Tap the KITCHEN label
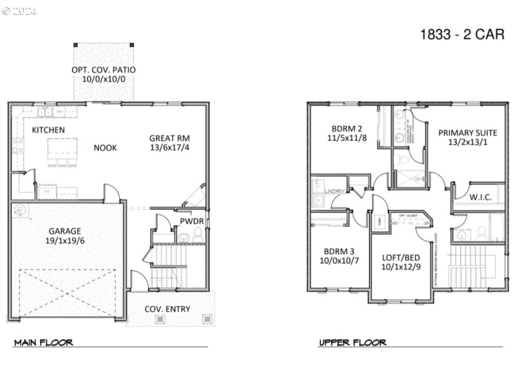point(48,130)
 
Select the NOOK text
point(105,147)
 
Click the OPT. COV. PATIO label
point(104,69)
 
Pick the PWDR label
point(192,221)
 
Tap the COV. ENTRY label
point(167,309)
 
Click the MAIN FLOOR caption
point(43,342)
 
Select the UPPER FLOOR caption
point(352,342)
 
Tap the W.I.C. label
point(480,197)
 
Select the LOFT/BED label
point(400,256)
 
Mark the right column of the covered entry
point(207,318)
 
